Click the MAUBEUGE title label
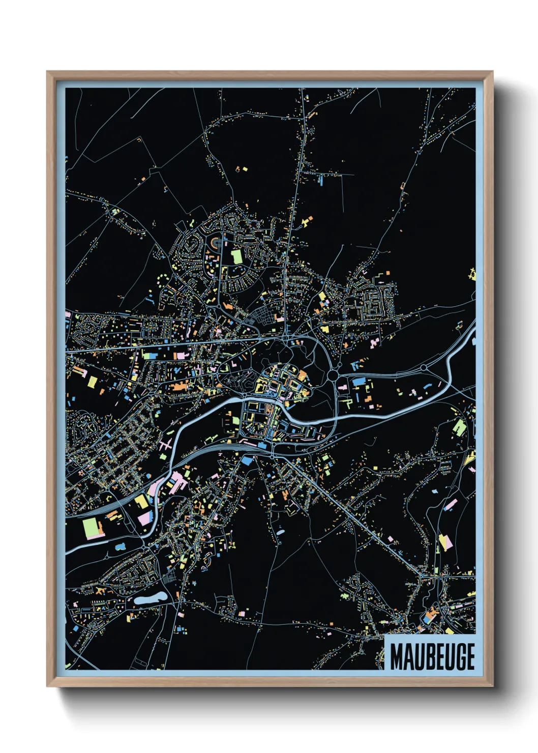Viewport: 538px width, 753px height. click(x=432, y=656)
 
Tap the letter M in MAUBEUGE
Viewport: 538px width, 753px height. click(x=397, y=657)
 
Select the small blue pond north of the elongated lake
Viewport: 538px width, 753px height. click(x=121, y=546)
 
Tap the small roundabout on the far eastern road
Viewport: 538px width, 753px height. click(x=424, y=367)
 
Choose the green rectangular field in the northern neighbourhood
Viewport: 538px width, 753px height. click(x=237, y=256)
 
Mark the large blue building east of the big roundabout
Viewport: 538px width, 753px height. click(x=358, y=381)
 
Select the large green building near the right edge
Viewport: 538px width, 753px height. click(x=459, y=427)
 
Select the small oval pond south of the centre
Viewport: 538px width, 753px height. click(x=280, y=532)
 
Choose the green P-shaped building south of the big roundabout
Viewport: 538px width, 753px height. click(x=348, y=403)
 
